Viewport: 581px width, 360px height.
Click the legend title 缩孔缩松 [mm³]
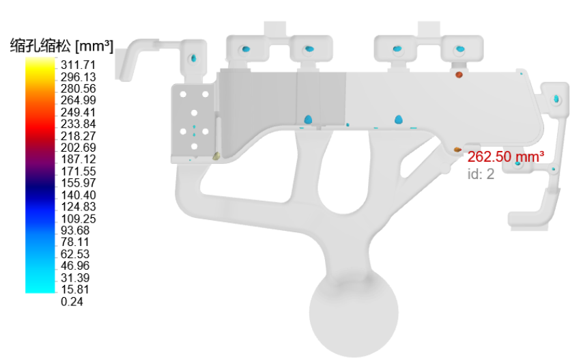[x=61, y=46]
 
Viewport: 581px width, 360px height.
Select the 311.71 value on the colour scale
[x=79, y=65]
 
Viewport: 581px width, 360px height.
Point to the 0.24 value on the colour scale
[x=72, y=301]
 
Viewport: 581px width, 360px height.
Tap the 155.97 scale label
[x=79, y=183]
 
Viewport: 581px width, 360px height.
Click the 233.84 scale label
[x=79, y=124]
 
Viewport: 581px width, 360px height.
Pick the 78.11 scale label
[x=75, y=242]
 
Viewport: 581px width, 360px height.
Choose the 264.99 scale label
[x=79, y=100]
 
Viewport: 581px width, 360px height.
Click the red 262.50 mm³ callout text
[x=506, y=157]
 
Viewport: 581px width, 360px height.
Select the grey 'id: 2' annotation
[x=481, y=174]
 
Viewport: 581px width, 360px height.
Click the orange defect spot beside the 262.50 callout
[x=457, y=150]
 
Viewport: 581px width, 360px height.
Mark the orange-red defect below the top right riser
[x=459, y=75]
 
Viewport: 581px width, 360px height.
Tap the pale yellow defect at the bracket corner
[x=216, y=156]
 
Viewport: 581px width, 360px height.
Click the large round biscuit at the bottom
[x=354, y=312]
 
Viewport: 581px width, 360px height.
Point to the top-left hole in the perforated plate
[x=183, y=94]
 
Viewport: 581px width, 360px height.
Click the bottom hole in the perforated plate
[x=194, y=146]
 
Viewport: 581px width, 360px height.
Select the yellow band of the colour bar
[x=40, y=67]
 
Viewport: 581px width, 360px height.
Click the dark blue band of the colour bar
[x=40, y=189]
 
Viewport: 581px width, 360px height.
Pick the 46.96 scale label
[x=75, y=266]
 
